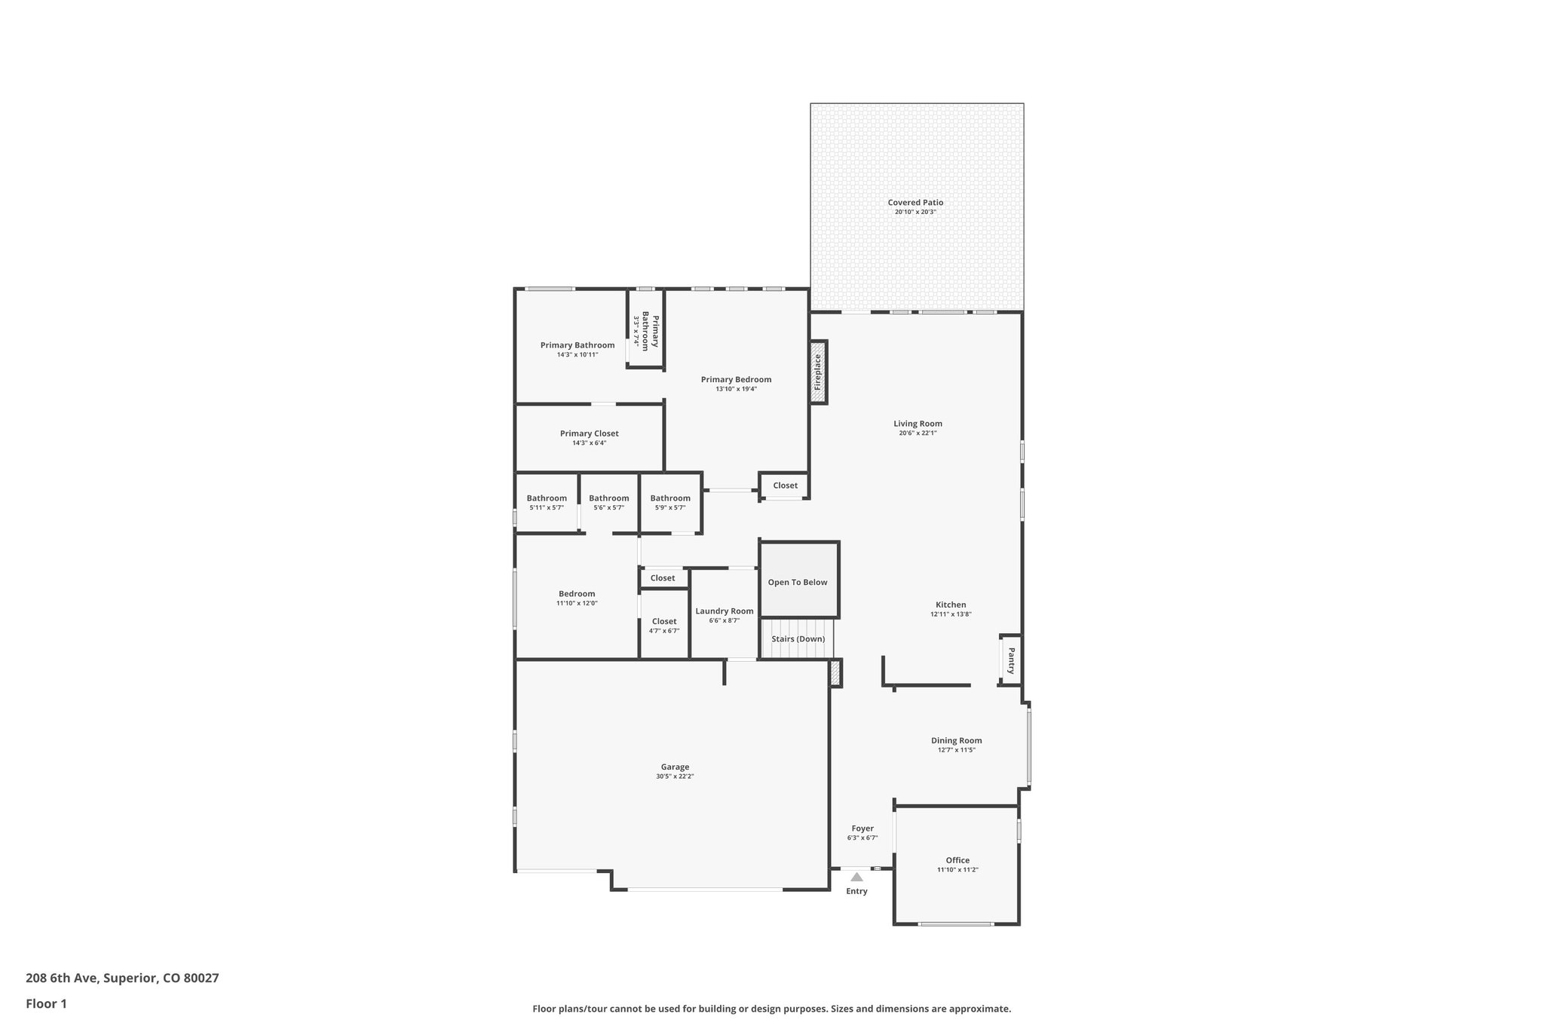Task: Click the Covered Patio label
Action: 915,203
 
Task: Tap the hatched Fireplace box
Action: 818,372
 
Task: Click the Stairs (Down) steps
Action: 798,639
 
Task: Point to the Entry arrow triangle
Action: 856,877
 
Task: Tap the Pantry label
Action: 1011,660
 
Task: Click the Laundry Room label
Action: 724,611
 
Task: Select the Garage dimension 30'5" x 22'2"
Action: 675,776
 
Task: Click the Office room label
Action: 957,860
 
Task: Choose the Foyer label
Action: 862,828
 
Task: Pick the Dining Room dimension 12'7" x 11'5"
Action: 957,750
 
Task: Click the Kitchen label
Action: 951,605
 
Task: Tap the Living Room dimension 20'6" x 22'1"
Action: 918,433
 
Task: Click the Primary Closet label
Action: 589,433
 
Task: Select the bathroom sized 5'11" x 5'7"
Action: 547,503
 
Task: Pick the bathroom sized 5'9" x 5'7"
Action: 670,503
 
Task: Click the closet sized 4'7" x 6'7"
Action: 664,626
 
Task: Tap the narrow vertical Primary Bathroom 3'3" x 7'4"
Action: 645,332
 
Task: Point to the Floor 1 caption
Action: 46,1004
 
